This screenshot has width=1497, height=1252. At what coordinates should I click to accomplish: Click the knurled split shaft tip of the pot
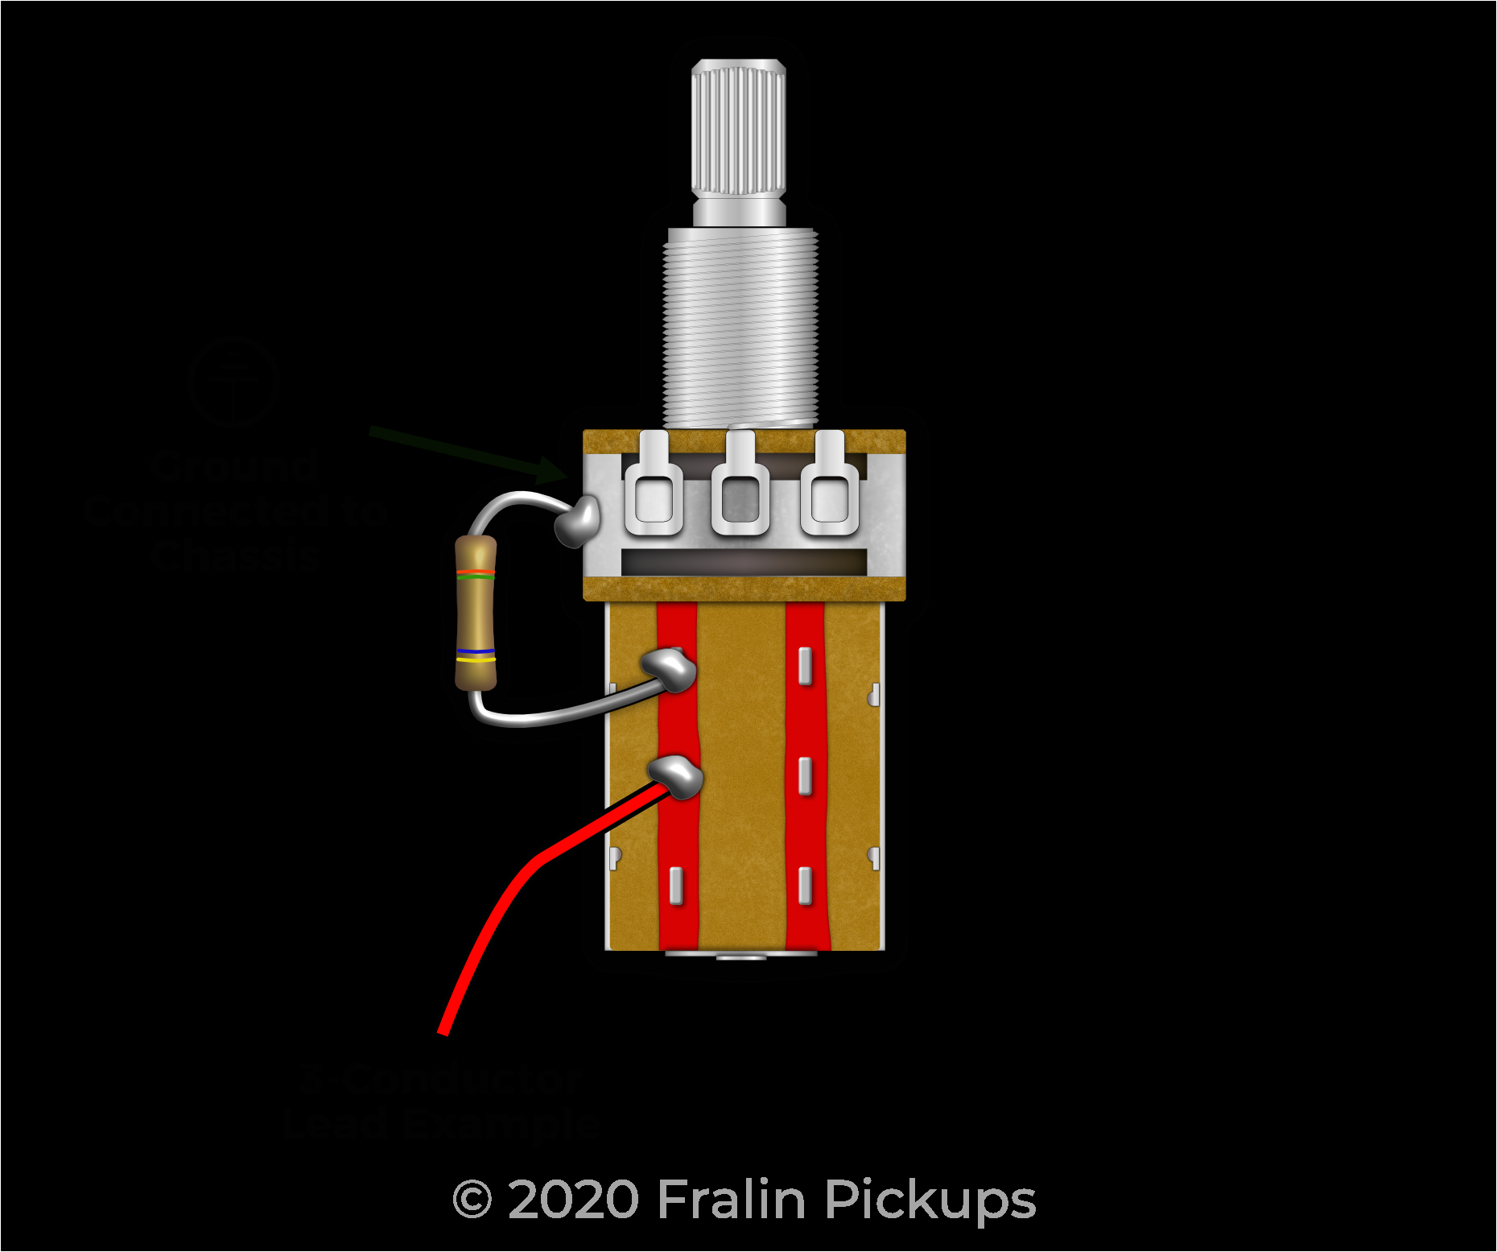[738, 129]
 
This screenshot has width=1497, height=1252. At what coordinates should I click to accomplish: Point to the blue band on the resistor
[476, 651]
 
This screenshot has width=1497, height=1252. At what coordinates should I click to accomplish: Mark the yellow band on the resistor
[476, 659]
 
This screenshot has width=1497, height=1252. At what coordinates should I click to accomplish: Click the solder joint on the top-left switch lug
[670, 668]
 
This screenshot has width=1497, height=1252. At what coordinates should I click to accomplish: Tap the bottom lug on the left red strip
[676, 886]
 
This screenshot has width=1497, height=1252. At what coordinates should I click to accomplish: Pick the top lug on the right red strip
[805, 665]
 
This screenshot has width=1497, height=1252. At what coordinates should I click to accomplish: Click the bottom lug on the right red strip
[805, 886]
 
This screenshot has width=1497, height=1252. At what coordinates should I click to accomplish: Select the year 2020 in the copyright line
[573, 1200]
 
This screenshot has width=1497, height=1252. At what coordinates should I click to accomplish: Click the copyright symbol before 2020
[472, 1200]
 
